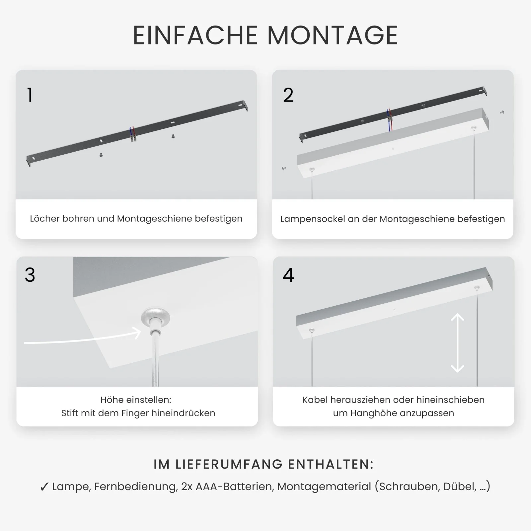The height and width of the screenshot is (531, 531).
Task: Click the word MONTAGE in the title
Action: click(x=333, y=35)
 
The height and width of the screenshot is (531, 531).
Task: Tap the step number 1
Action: click(x=30, y=95)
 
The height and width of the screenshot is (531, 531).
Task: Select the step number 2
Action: click(x=288, y=95)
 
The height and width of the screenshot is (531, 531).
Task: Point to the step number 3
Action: click(x=30, y=275)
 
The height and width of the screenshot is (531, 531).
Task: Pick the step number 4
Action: click(x=288, y=275)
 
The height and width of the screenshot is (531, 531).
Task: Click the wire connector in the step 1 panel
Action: click(x=133, y=134)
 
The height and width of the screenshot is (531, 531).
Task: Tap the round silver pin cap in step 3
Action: click(x=155, y=316)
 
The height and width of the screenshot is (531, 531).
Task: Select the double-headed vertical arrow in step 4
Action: click(x=457, y=343)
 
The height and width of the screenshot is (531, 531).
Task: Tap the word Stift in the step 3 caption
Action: click(x=69, y=413)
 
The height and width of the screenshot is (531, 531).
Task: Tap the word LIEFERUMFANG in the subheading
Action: click(x=229, y=464)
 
